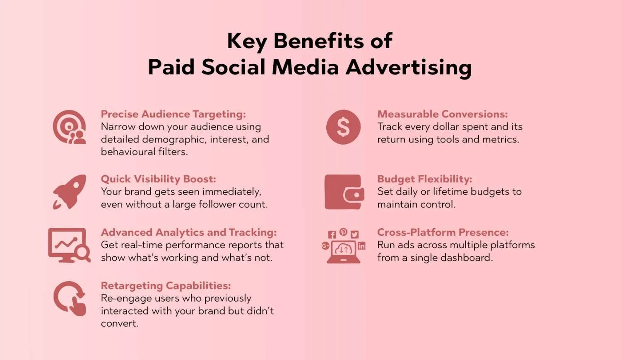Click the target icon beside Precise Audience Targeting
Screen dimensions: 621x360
click(69, 127)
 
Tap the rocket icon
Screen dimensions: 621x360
click(70, 192)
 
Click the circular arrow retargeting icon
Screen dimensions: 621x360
click(69, 298)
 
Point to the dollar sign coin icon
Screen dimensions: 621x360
click(343, 127)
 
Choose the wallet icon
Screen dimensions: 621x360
click(344, 192)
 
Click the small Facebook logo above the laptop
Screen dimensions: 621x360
click(332, 234)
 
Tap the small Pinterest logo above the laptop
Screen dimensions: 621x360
click(343, 232)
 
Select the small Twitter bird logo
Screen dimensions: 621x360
click(354, 234)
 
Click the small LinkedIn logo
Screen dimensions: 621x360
click(361, 246)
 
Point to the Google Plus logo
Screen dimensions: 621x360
click(325, 246)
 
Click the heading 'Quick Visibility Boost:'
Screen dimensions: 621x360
click(158, 179)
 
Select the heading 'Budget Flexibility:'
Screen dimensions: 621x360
click(424, 179)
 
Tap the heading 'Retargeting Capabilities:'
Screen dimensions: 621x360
click(166, 286)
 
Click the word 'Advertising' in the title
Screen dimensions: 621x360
click(408, 68)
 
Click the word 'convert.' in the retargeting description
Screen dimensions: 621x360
click(120, 324)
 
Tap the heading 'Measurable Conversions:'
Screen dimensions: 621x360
click(443, 114)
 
